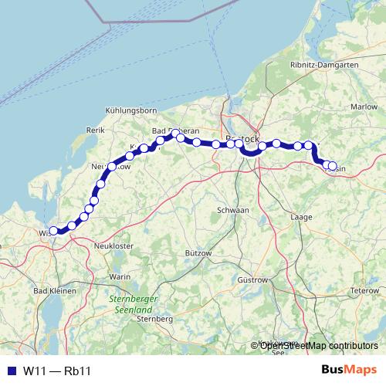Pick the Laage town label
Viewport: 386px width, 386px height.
click(300, 218)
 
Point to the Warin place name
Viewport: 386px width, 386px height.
click(120, 276)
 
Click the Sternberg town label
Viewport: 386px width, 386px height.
click(153, 318)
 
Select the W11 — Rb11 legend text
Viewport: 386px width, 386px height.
click(57, 371)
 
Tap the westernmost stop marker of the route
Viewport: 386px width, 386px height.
click(53, 230)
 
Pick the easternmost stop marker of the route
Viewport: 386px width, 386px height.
click(334, 166)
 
